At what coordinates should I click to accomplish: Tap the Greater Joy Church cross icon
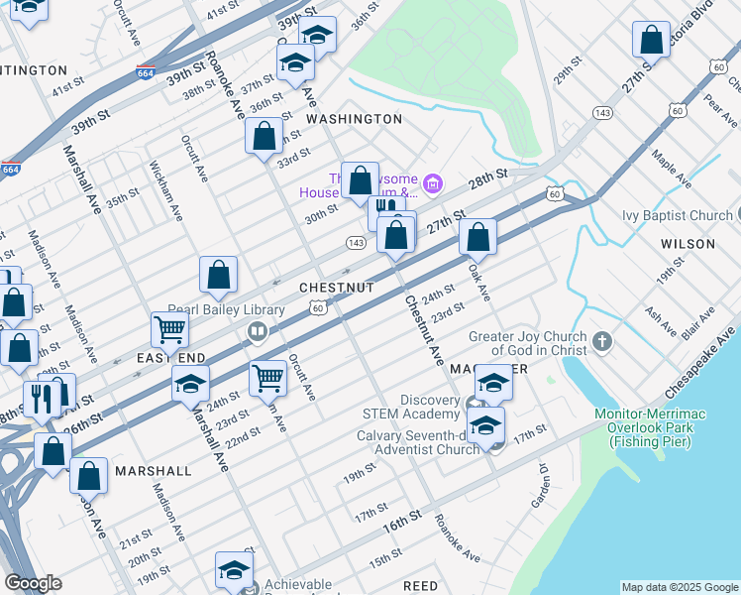click(x=601, y=343)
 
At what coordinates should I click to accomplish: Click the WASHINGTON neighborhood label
click(x=354, y=119)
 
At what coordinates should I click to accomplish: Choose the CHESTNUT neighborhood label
click(x=337, y=288)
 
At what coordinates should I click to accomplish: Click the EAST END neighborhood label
click(x=170, y=357)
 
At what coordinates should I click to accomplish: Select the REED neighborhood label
click(x=421, y=586)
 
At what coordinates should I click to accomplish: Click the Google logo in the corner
click(x=33, y=583)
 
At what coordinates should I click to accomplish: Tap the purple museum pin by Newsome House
click(x=431, y=183)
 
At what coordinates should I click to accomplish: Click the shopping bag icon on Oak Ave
click(x=477, y=238)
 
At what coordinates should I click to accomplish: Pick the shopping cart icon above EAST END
click(x=169, y=330)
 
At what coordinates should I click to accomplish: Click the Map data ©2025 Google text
click(x=679, y=587)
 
